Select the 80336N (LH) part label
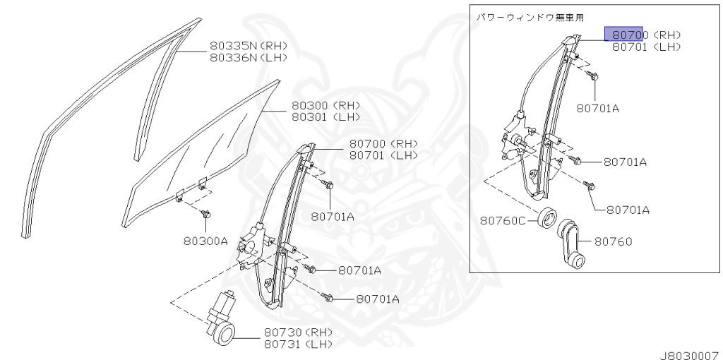coord(248,58)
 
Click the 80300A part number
coord(204,241)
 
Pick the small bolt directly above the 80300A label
coord(205,212)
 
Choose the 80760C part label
coord(503,221)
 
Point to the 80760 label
coord(612,241)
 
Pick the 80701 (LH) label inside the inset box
coord(646,47)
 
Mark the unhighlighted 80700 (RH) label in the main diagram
coord(383,143)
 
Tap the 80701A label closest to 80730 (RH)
coord(378,299)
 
